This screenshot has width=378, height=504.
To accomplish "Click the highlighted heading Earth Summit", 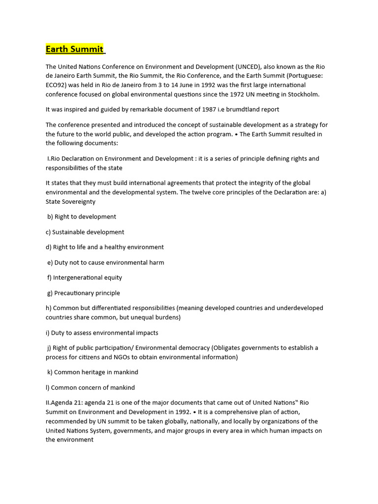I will click(74, 49).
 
